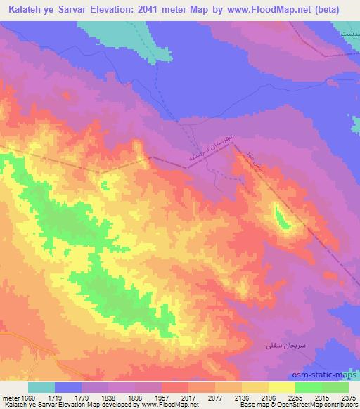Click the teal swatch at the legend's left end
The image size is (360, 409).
point(41,387)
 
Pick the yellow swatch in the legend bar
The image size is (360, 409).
point(282,387)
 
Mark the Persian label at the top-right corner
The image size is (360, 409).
point(349,33)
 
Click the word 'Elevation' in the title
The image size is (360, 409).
point(122,10)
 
